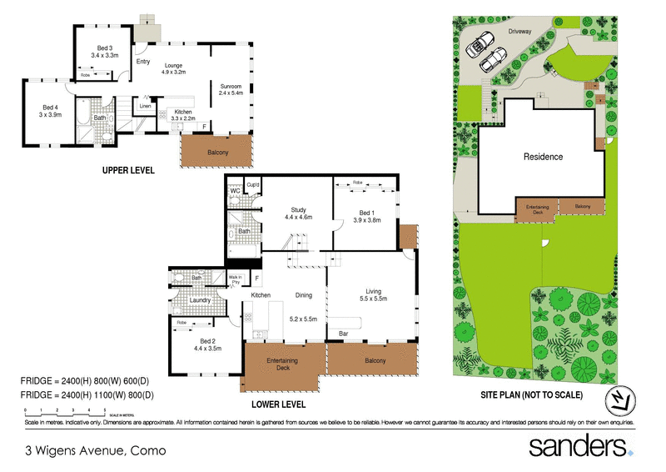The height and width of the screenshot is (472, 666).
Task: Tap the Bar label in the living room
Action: (x=341, y=334)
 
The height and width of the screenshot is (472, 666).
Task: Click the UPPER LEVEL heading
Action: (x=128, y=170)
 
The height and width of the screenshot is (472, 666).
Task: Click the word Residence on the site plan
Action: (x=543, y=157)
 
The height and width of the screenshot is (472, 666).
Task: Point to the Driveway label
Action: (x=521, y=31)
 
